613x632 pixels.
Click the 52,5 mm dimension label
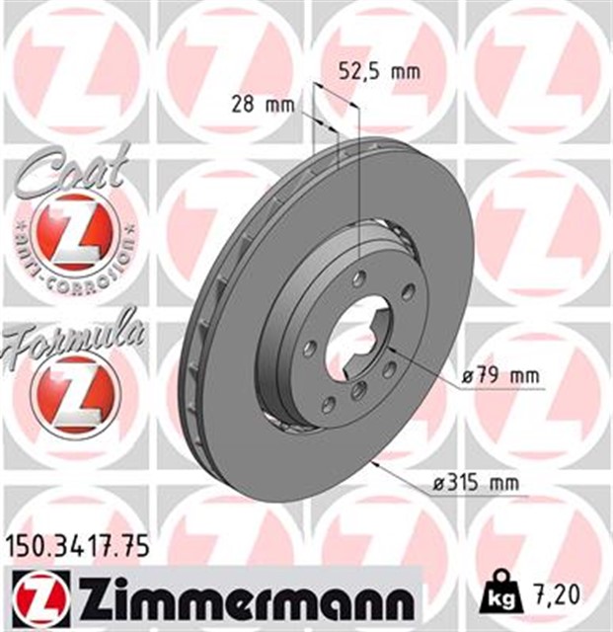(x=380, y=71)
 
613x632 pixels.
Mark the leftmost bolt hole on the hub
(x=310, y=349)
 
